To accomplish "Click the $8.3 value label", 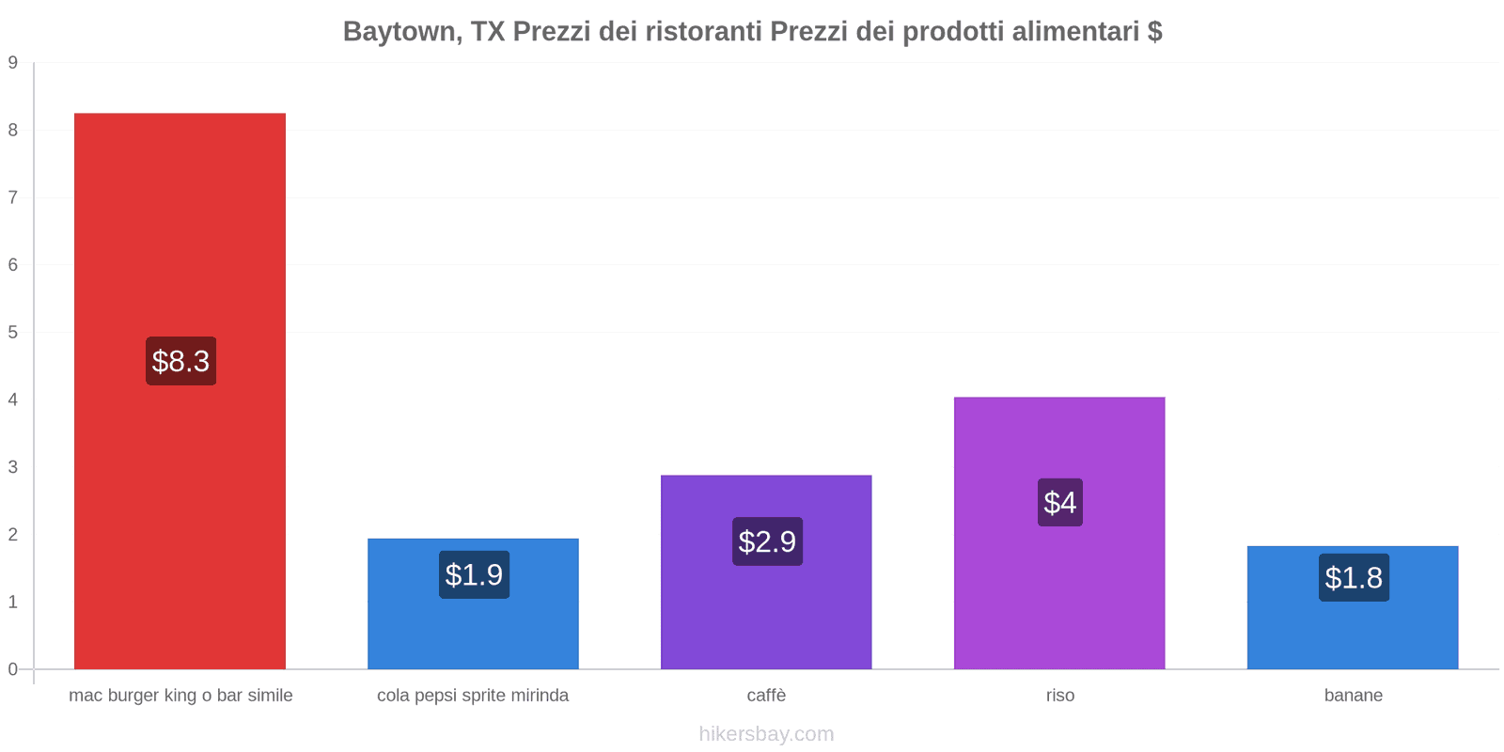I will click(x=180, y=361).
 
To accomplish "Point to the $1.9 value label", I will click(x=474, y=574).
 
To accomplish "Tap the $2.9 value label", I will click(x=767, y=541).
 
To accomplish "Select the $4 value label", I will click(x=1060, y=502).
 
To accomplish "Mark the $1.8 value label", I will click(x=1354, y=577).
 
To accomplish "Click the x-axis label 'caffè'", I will click(x=766, y=696).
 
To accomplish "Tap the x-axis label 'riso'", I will click(x=1060, y=696).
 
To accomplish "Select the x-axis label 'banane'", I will click(x=1354, y=696).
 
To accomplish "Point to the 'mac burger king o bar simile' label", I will click(x=180, y=696).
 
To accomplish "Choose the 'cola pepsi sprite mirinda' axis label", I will click(x=473, y=696).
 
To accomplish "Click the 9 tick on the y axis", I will click(x=13, y=63).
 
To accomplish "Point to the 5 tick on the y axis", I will click(x=13, y=332).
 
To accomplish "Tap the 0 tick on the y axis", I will click(x=13, y=669).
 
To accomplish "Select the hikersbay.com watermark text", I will click(x=766, y=734).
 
